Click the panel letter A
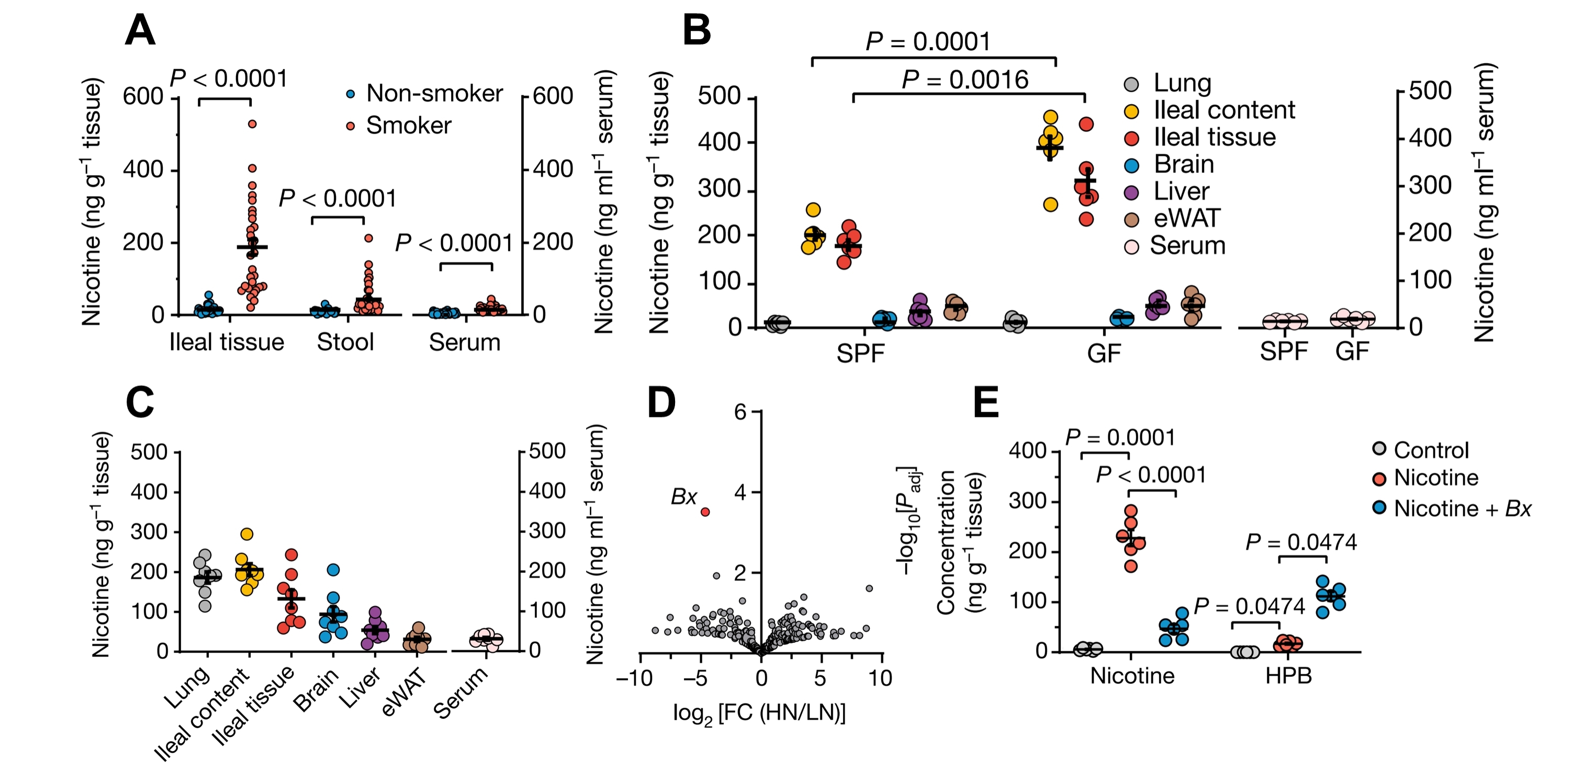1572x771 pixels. coord(140,30)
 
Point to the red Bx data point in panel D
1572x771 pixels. coord(705,512)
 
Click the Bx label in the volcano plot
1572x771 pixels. coord(683,497)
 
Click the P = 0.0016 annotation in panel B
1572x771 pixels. coord(965,80)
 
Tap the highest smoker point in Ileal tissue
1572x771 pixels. coord(252,124)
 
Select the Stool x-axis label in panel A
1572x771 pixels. coord(345,342)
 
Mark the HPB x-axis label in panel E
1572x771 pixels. coord(1288,676)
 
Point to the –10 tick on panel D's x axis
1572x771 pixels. coord(635,678)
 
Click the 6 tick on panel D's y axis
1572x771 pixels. coord(740,413)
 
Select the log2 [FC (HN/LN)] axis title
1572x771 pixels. coord(759,713)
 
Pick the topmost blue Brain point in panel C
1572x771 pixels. coord(333,570)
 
